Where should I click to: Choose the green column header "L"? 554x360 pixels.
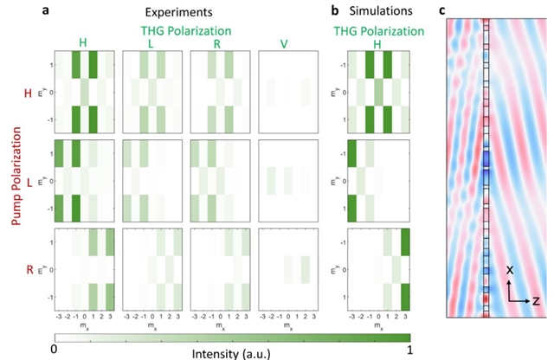(151, 42)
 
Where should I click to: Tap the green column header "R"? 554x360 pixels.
(219, 42)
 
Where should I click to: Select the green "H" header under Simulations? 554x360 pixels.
(377, 42)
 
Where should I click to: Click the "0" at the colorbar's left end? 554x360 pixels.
(54, 349)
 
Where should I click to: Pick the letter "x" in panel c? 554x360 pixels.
(512, 270)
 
